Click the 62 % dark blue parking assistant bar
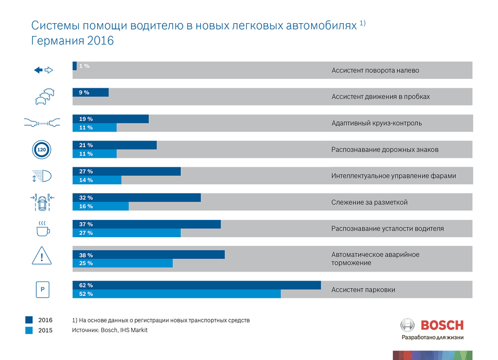coord(196,285)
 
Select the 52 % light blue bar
coord(176,294)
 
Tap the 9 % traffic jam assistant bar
coord(90,93)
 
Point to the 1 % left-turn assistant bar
coord(74,66)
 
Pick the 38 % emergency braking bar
coord(148,254)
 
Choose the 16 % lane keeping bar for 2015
coord(100,206)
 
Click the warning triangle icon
coord(42,257)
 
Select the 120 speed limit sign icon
coord(41,150)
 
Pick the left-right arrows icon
coord(43,70)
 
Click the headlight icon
coord(43,176)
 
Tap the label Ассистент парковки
coord(363,290)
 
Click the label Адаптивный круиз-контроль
coord(376,123)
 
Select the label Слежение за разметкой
coord(369,202)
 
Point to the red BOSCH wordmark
coord(442,325)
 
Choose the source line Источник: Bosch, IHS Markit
coord(109,330)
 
